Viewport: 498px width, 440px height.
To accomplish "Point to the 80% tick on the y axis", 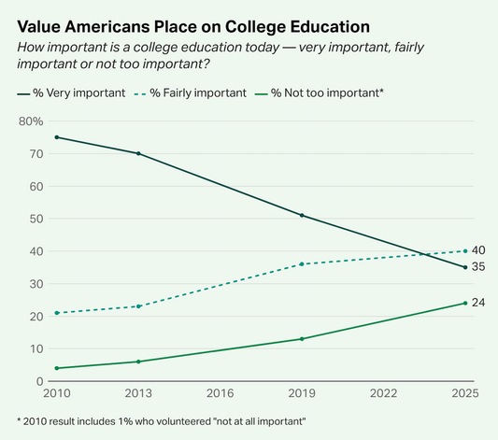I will tap(30, 121).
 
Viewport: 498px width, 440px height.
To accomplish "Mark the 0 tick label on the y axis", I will tap(39, 381).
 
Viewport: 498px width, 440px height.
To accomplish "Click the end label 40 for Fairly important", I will tap(478, 250).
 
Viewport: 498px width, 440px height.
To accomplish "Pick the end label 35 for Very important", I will tap(478, 267).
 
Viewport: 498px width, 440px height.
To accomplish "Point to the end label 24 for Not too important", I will tap(478, 303).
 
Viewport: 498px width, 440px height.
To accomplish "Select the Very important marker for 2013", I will tap(138, 153).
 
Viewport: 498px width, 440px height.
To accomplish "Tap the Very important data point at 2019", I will tap(301, 216).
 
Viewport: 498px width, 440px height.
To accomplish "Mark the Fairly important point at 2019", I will tap(301, 264).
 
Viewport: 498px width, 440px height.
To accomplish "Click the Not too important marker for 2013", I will tap(138, 362).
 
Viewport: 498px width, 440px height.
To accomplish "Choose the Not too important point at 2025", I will tap(463, 303).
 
